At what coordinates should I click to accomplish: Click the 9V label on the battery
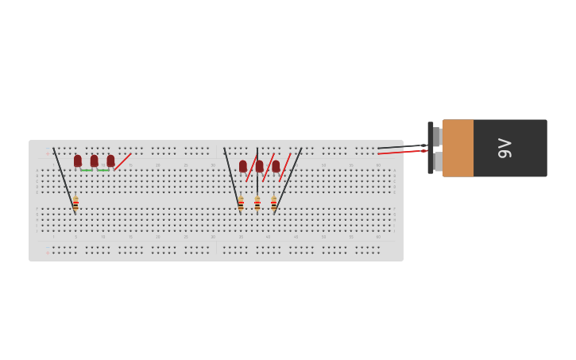click(x=504, y=148)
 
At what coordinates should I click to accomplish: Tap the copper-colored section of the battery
click(x=458, y=148)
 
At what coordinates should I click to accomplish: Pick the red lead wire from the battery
click(x=401, y=152)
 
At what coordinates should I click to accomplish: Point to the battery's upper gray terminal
click(x=436, y=136)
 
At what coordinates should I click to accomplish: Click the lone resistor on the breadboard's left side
click(x=75, y=203)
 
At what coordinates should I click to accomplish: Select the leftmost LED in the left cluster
click(x=78, y=161)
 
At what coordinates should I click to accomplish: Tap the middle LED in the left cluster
click(x=94, y=161)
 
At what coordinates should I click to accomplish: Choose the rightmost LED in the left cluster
click(x=110, y=161)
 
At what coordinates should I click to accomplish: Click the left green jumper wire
click(x=86, y=170)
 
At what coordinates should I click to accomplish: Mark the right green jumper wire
click(x=102, y=170)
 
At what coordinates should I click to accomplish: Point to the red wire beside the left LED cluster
click(x=122, y=161)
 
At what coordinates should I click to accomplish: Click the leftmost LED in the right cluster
click(x=243, y=166)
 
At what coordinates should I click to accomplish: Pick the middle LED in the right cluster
click(x=259, y=166)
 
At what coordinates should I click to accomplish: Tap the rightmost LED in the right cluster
click(x=276, y=166)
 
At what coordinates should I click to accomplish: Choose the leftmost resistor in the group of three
click(x=241, y=203)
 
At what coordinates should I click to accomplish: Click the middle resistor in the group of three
click(x=257, y=203)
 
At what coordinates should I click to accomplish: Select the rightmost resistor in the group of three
click(x=273, y=203)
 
